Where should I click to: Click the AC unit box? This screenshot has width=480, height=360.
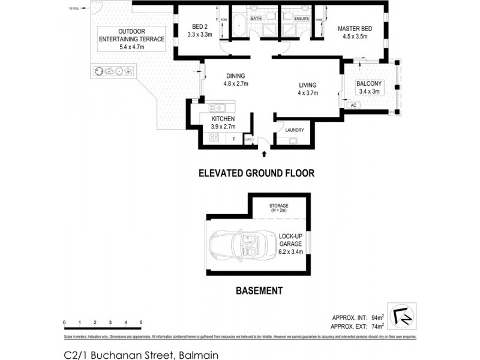(353, 105)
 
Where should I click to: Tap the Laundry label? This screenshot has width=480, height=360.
(295, 130)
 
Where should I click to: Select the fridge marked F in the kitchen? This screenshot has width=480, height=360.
(234, 139)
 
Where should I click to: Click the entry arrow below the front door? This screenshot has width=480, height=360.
(263, 154)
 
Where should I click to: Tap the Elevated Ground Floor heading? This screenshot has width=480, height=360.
(257, 173)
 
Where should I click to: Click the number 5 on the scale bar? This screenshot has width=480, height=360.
(141, 323)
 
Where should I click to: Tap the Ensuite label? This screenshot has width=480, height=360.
(302, 19)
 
